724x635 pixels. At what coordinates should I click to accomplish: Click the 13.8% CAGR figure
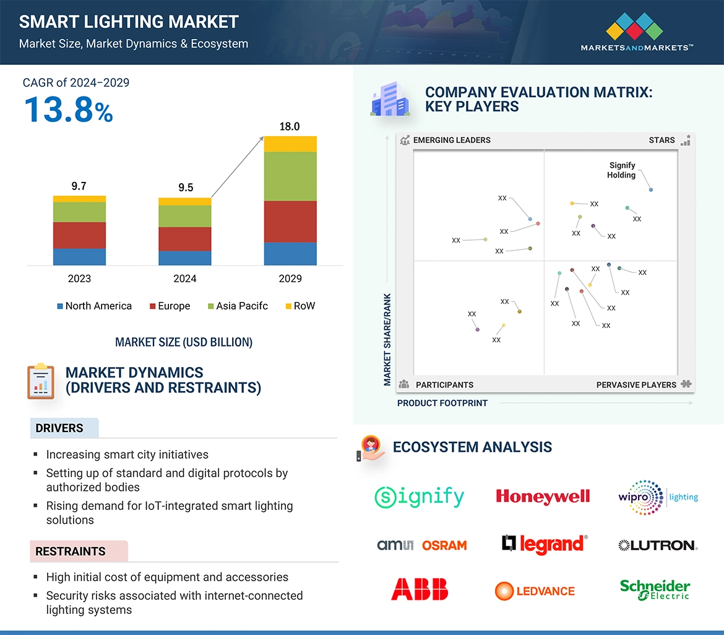point(69,110)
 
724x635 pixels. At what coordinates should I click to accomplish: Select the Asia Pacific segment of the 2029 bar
point(290,176)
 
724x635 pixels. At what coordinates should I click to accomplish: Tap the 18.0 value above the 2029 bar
point(290,127)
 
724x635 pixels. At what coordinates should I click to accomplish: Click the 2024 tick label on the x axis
point(185,279)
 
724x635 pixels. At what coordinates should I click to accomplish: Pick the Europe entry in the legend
point(170,306)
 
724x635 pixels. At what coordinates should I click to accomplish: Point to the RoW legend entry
point(300,306)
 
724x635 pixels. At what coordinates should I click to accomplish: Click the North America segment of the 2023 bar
point(79,256)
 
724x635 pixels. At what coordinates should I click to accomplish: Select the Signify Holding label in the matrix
point(622,170)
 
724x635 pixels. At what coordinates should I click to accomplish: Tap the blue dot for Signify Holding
point(651,189)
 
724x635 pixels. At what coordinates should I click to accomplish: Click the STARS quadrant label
point(662,140)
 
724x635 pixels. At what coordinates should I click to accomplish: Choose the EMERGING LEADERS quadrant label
point(451,140)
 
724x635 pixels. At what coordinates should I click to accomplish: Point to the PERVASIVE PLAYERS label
point(636,384)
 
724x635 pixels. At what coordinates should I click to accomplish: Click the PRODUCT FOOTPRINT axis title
point(442,403)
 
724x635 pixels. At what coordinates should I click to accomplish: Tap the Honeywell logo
point(543,496)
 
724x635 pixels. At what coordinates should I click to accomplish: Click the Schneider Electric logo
point(655,589)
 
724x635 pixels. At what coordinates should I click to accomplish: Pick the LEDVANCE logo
point(535,591)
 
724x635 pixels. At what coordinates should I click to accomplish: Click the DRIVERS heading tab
point(59,428)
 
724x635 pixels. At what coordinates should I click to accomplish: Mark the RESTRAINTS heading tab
point(71,551)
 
